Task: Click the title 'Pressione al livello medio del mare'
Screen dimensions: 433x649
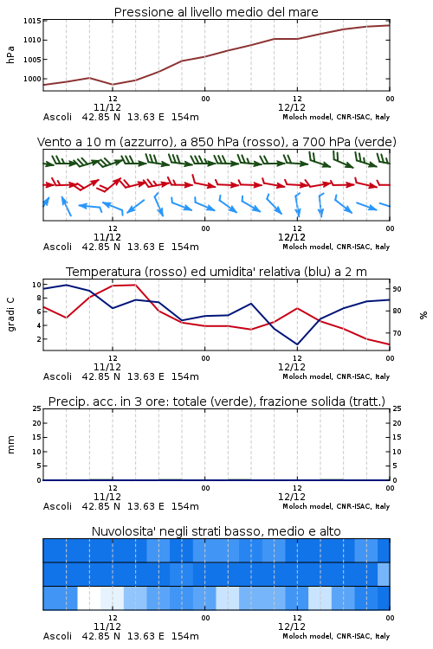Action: pos(216,12)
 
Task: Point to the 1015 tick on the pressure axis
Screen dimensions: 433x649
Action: pos(32,21)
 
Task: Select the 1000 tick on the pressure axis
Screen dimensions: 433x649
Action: pos(32,79)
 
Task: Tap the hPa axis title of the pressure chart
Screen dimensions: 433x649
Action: pos(10,55)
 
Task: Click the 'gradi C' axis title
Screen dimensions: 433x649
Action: pos(10,314)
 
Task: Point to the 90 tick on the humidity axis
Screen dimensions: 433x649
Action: pos(397,289)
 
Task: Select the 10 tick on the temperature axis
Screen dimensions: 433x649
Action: pos(36,285)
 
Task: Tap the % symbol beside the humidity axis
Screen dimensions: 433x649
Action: pos(423,315)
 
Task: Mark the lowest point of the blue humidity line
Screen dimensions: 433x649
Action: pos(297,344)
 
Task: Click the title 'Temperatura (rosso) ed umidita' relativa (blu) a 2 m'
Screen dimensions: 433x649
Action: pos(216,272)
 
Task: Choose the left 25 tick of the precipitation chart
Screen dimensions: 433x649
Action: pos(36,408)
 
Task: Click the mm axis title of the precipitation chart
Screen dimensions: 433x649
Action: pos(10,445)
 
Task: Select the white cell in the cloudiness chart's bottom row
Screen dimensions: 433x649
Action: pos(89,598)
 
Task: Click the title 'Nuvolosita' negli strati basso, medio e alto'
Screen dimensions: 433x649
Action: pos(216,531)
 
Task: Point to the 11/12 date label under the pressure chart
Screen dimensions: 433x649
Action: pos(107,107)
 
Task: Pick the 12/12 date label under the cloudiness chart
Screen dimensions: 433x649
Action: pos(292,627)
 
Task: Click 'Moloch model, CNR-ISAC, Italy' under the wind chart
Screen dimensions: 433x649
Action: pos(336,247)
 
